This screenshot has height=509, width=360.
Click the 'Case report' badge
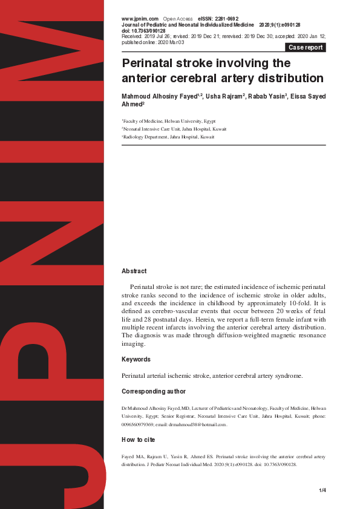coord(306,47)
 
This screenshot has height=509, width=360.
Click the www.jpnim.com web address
coord(140,19)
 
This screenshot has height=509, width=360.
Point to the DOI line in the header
coord(143,31)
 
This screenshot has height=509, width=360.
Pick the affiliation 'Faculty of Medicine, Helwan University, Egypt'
coord(169,121)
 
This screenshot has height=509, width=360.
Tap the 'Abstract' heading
coord(134,271)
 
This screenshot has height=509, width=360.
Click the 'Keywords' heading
coord(136,360)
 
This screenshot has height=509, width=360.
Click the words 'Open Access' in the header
coord(177,19)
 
